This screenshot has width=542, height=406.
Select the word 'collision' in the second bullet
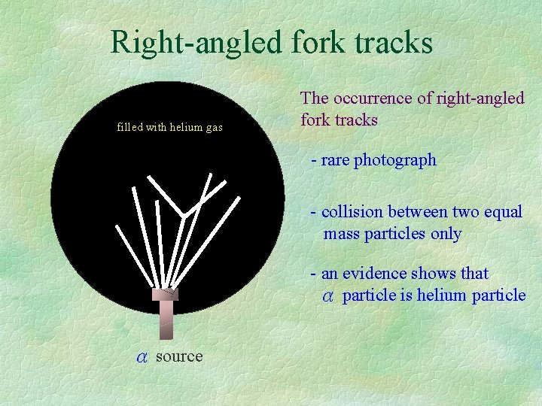pos(353,212)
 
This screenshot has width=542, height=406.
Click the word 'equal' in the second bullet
pos(504,212)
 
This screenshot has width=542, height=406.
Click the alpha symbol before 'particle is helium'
pos(328,295)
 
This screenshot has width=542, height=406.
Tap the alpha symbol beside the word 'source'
pos(142,356)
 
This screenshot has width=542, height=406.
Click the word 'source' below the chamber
pos(179,356)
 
